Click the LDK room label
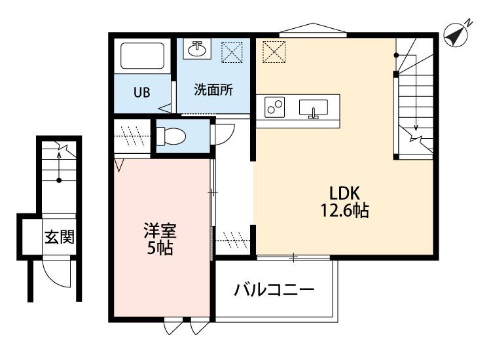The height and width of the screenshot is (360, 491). (344, 193)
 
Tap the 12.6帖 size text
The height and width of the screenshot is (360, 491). (344, 210)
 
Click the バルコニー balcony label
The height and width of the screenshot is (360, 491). (274, 290)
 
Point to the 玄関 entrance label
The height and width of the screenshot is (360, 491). (60, 237)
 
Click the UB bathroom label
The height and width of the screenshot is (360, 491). (142, 92)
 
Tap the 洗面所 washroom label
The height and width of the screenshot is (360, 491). (213, 90)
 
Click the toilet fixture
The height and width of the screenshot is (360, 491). (171, 137)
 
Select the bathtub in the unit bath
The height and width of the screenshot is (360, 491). (143, 56)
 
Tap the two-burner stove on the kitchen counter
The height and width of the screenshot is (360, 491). (274, 107)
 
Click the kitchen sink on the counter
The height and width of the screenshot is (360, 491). (314, 108)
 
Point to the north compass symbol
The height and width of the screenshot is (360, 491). (457, 35)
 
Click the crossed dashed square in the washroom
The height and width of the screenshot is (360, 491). (232, 52)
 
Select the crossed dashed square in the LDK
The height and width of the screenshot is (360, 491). (274, 52)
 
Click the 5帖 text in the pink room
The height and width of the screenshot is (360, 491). (160, 247)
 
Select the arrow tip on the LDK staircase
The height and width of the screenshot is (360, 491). (416, 130)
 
